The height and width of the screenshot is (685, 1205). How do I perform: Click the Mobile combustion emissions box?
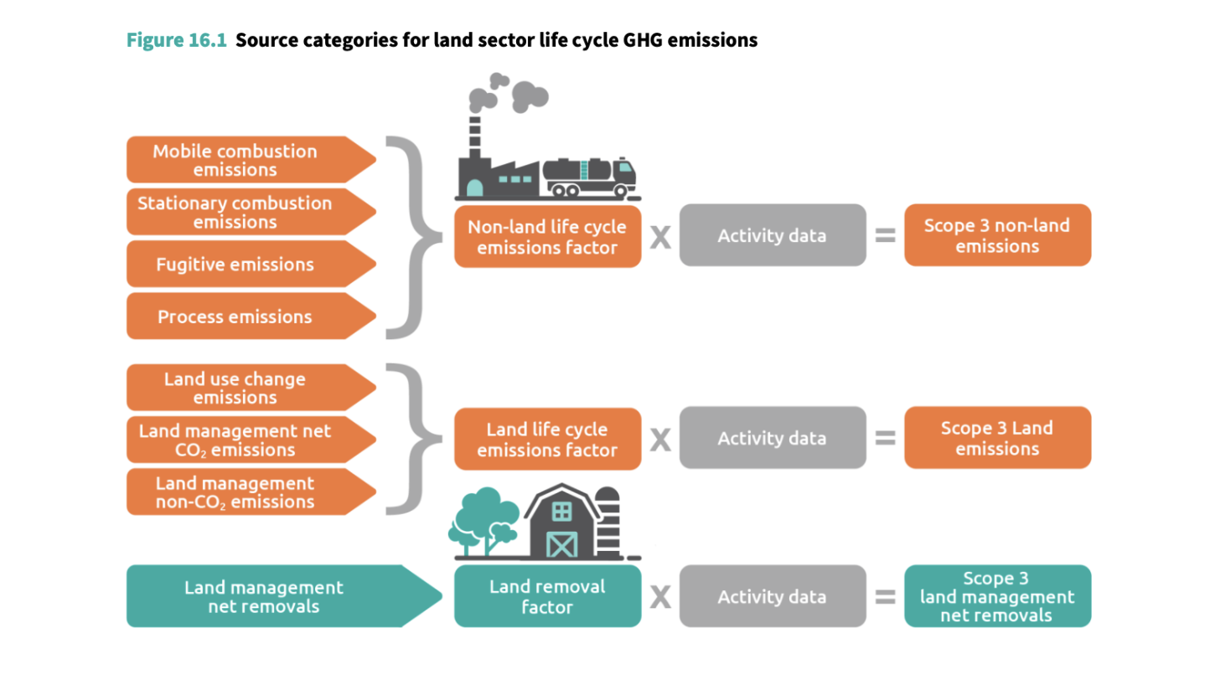pyautogui.click(x=243, y=160)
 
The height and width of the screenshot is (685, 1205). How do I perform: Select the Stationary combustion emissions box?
pyautogui.click(x=243, y=212)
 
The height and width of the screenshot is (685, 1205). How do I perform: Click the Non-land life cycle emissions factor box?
pyautogui.click(x=547, y=236)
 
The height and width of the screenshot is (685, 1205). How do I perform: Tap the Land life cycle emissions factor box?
pyautogui.click(x=547, y=439)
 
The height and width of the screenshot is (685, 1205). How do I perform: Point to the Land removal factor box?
pyautogui.click(x=547, y=596)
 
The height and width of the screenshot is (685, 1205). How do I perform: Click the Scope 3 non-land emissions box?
pyautogui.click(x=997, y=235)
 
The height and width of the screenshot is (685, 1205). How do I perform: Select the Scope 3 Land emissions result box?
pyautogui.click(x=997, y=438)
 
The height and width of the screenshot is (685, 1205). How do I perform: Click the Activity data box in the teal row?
pyautogui.click(x=772, y=596)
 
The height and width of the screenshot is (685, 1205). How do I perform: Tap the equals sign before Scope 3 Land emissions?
pyautogui.click(x=885, y=439)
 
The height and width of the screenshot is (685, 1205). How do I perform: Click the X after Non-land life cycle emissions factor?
pyautogui.click(x=661, y=237)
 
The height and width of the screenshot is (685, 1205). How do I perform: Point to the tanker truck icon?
pyautogui.click(x=590, y=177)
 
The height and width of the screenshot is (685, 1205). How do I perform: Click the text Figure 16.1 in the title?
pyautogui.click(x=177, y=40)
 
